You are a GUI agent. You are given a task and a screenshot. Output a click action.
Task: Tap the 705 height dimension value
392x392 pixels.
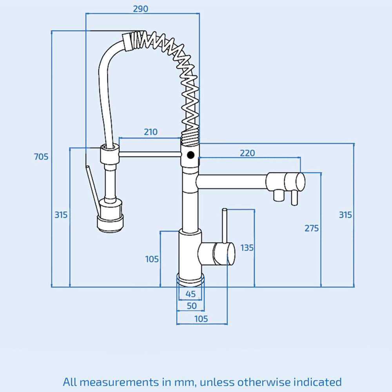pos(41,157)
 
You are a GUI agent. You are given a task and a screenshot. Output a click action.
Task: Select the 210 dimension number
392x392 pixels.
pos(151,132)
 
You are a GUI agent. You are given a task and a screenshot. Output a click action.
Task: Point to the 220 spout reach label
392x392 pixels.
pos(247,153)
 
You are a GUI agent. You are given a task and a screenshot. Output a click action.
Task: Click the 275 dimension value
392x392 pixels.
pos(312,228)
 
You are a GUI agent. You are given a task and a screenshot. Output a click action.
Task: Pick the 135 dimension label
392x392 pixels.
pos(247,248)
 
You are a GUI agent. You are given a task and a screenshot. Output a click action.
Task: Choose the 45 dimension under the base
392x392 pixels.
pos(191,294)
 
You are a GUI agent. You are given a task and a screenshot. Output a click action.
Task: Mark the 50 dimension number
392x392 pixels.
pos(191,306)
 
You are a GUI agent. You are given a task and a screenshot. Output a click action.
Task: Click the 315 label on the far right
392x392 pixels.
pos(345,215)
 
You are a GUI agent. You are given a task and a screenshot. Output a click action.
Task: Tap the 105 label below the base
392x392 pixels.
pos(201,319)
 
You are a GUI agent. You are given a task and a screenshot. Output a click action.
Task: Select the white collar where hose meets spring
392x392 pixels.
pos(127,42)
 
